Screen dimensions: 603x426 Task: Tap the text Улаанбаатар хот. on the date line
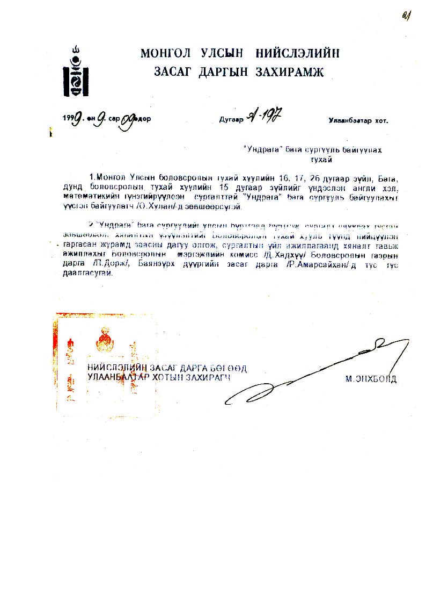coord(358,120)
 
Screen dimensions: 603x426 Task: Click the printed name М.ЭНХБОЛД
coord(371,379)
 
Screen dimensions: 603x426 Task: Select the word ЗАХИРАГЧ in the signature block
coord(208,377)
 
